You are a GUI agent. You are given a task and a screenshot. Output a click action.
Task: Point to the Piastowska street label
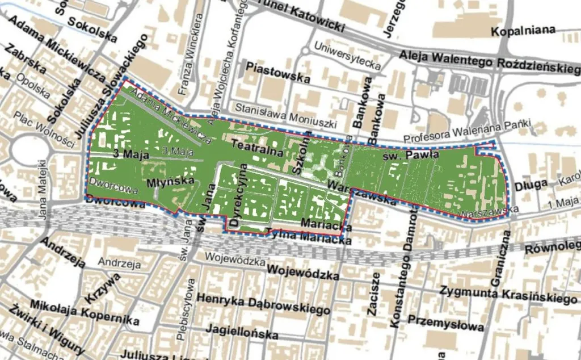pos(278,72)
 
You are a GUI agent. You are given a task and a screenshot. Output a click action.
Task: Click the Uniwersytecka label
pos(347,56)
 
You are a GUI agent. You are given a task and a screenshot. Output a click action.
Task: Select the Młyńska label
pos(166,183)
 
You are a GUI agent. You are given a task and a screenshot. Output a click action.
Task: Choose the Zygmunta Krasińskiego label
pos(508,294)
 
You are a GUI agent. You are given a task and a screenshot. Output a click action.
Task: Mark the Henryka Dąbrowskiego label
pos(263,304)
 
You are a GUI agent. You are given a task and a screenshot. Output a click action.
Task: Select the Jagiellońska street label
pos(242,332)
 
